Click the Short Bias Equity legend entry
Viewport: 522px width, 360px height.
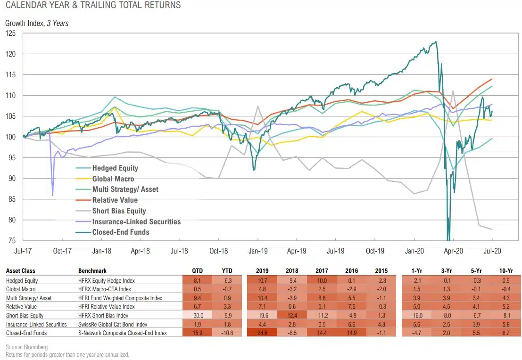click(x=119, y=211)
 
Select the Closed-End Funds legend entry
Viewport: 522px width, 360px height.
click(x=120, y=232)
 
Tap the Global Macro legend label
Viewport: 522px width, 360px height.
click(x=113, y=179)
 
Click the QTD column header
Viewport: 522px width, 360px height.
click(x=198, y=271)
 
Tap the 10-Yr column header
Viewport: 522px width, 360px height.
click(x=506, y=271)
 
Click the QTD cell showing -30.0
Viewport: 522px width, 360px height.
click(x=198, y=315)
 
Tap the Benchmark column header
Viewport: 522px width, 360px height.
click(x=92, y=271)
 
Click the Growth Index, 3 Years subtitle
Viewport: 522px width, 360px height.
click(x=37, y=23)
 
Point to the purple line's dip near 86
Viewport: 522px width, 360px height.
click(x=52, y=195)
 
